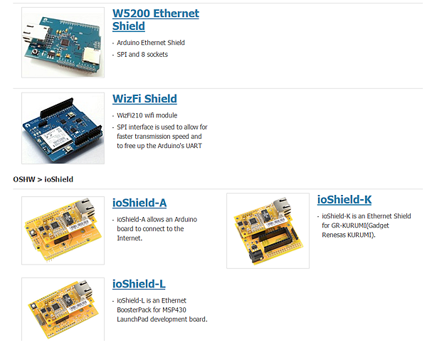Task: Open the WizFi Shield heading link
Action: click(144, 99)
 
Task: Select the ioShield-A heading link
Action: click(139, 203)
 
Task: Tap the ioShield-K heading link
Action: click(344, 200)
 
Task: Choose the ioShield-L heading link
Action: click(139, 284)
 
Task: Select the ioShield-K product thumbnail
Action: click(268, 231)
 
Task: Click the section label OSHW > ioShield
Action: click(43, 179)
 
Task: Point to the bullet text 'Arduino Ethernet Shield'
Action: click(150, 43)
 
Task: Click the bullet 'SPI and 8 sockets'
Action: click(142, 54)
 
